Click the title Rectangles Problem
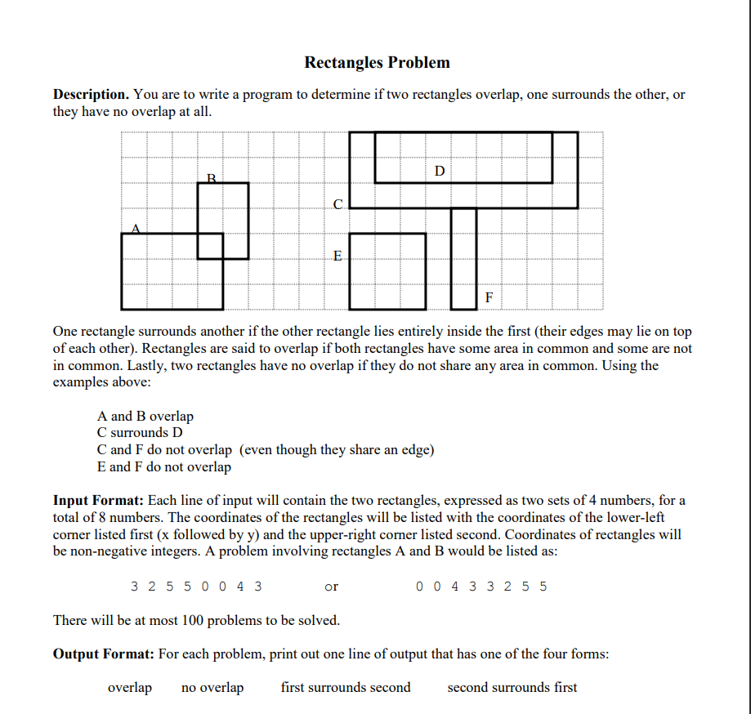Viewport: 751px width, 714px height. pos(377,63)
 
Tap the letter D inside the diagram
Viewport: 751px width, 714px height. pos(440,171)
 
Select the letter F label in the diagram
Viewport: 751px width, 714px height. pos(489,297)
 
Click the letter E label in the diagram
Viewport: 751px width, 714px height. pos(338,257)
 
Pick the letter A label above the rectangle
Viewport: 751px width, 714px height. pos(136,229)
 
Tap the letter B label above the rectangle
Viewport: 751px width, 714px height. pos(211,177)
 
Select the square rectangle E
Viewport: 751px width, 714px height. pos(388,271)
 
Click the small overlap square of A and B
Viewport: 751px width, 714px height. pos(210,246)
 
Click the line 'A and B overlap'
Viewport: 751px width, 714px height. pos(145,416)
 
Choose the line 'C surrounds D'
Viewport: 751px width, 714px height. pos(140,432)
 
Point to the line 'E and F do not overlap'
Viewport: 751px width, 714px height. pos(163,466)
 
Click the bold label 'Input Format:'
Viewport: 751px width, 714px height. pos(98,500)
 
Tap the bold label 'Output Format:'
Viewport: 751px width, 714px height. pos(104,654)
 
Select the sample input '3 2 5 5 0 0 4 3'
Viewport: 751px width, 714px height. pos(196,586)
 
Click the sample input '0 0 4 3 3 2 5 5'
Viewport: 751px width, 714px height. pos(481,586)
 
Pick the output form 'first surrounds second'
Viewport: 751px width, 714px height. pos(346,687)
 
